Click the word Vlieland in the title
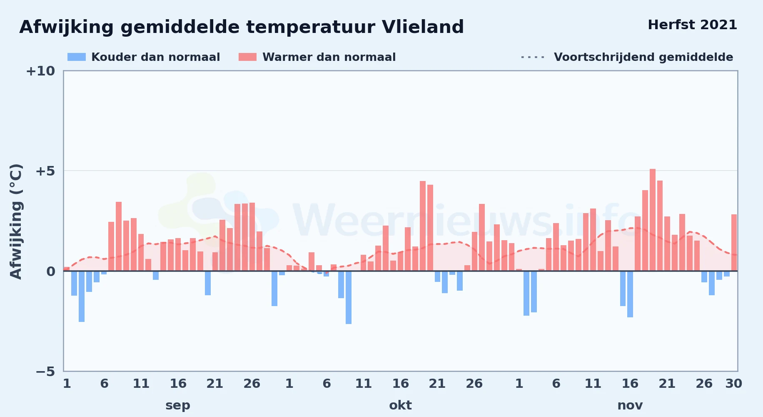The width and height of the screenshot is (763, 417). coord(422,27)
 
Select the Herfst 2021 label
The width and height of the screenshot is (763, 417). coord(692,25)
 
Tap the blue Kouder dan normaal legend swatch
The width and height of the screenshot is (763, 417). coord(77,57)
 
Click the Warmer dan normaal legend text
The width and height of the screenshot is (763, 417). coord(329,57)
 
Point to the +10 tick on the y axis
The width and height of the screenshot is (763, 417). coord(40,71)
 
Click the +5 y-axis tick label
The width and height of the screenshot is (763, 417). coord(45,171)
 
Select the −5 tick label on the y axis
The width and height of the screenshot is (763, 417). coord(45,372)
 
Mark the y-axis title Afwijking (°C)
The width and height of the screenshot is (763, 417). coord(16,221)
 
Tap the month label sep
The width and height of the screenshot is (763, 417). coord(178,405)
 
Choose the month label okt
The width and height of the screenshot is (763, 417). coord(400,405)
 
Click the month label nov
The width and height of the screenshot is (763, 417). coord(630,405)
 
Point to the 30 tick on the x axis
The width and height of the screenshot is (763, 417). coord(733,384)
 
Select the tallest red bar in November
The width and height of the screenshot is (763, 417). coord(652,220)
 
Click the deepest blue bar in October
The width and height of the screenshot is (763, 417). coord(349,297)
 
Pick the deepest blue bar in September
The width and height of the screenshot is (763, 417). coord(82,296)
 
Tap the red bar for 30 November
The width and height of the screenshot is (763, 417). coord(734,243)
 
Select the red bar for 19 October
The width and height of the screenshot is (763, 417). coord(423,226)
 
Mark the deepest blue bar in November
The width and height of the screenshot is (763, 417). coord(630,294)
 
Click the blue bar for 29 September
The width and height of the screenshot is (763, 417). coord(274,289)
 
